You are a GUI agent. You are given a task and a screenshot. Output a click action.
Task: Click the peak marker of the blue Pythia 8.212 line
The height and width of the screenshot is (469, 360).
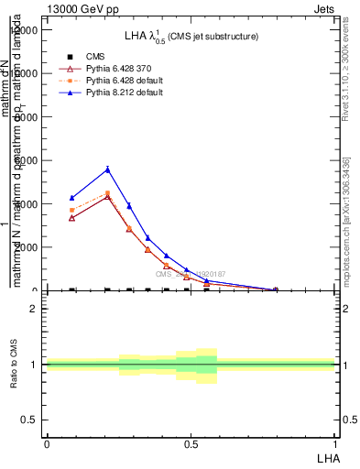(x=108, y=169)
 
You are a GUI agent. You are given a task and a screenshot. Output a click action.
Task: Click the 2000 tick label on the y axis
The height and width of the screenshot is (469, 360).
(x=26, y=247)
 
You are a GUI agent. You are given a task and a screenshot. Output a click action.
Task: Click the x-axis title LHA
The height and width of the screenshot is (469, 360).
(x=327, y=456)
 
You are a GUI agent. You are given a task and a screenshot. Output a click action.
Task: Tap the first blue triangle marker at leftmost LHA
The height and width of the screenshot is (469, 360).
(x=72, y=198)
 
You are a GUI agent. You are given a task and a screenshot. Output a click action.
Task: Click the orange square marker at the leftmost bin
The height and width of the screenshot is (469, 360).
(x=72, y=210)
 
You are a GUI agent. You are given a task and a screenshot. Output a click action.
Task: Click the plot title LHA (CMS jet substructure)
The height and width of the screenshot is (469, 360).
(x=191, y=36)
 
